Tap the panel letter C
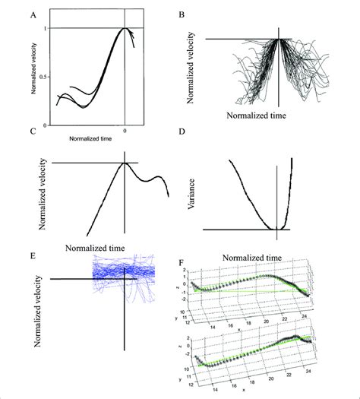[x=30, y=131]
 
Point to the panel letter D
[x=181, y=131]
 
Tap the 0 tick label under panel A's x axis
[x=125, y=130]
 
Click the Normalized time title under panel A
[x=90, y=140]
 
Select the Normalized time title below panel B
[x=261, y=119]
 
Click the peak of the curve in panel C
[x=125, y=163]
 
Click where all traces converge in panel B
[x=280, y=39]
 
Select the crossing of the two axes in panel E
[x=122, y=279]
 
